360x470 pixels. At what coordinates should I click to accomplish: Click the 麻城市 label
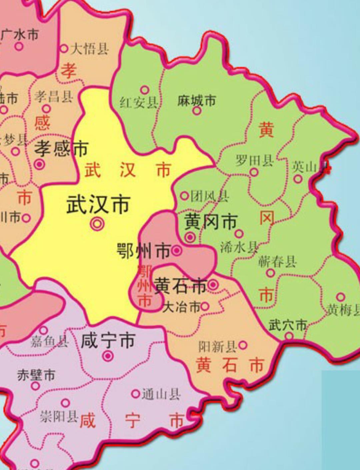pyautogui.click(x=197, y=100)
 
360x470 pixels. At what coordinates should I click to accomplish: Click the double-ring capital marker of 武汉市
pyautogui.click(x=97, y=224)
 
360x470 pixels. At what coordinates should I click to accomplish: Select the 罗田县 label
pyautogui.click(x=255, y=161)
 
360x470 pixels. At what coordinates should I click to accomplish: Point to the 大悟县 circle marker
pyautogui.click(x=64, y=48)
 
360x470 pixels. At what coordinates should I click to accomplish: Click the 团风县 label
pyautogui.click(x=210, y=196)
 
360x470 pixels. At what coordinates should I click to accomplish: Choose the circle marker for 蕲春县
pyautogui.click(x=270, y=273)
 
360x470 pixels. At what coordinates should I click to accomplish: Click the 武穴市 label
pyautogui.click(x=288, y=325)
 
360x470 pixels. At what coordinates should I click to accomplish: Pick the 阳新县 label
pyautogui.click(x=217, y=347)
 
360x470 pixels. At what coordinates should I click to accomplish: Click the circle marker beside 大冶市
pyautogui.click(x=205, y=306)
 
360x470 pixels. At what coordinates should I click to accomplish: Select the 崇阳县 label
pyautogui.click(x=59, y=416)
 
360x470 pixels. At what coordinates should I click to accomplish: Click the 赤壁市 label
pyautogui.click(x=36, y=375)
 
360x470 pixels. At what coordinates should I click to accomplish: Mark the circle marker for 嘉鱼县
pyautogui.click(x=44, y=330)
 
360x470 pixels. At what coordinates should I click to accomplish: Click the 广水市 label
pyautogui.click(x=20, y=34)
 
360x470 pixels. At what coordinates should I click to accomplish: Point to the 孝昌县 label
pyautogui.click(x=54, y=97)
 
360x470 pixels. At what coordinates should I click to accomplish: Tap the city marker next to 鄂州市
pyautogui.click(x=177, y=250)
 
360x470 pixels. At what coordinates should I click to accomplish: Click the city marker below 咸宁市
pyautogui.click(x=108, y=356)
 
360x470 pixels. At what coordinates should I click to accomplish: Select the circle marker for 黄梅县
pyautogui.click(x=340, y=297)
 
